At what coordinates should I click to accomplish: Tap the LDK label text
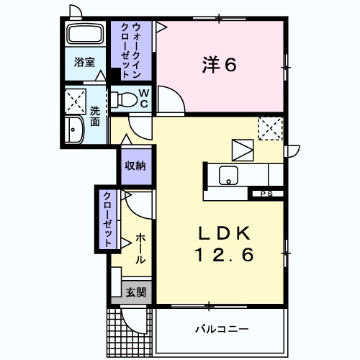coord(224,234)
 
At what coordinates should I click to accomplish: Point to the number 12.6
coord(224,255)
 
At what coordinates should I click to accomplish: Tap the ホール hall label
coord(140,248)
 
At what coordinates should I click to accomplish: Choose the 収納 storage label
coord(135,166)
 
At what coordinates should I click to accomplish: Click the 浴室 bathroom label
coord(84,63)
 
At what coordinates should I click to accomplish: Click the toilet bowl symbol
coord(126,99)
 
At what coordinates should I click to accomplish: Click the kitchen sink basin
coord(230,174)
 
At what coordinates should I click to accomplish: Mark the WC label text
coord(143,98)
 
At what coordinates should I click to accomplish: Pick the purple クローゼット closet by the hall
coord(107,219)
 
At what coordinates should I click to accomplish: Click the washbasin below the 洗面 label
coord(73,131)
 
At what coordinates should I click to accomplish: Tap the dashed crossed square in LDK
coord(271,130)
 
